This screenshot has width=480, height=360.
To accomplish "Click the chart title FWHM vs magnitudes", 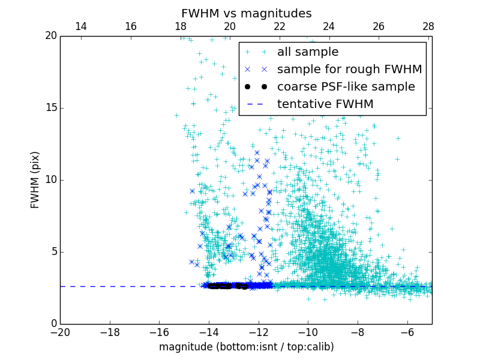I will [x=246, y=13].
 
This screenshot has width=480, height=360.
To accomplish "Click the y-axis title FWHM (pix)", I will [x=35, y=179].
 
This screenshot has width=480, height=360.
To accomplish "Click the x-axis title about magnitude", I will [x=246, y=347].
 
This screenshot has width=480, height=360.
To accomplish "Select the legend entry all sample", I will [x=308, y=52].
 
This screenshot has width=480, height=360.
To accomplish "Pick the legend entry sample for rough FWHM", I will [x=349, y=70].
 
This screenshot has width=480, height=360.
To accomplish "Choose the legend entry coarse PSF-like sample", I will [x=346, y=87].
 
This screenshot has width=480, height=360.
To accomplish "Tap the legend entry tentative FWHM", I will [x=325, y=104].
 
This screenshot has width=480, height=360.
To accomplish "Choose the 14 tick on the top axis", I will [x=80, y=26].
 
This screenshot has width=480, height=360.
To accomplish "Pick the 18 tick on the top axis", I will [x=180, y=26].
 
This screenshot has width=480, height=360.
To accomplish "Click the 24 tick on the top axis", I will [x=329, y=26].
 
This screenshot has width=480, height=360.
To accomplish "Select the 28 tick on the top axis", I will [x=428, y=26].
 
